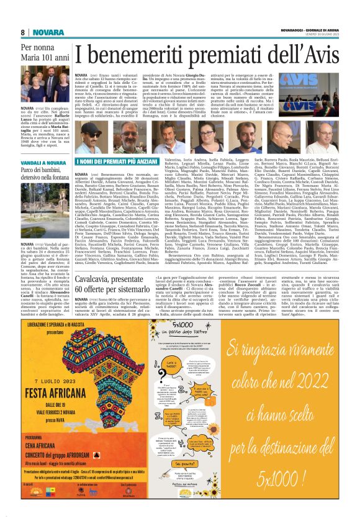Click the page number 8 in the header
click(22, 32)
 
